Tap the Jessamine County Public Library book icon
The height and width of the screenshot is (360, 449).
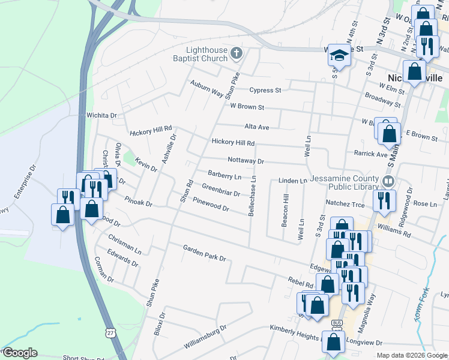389,181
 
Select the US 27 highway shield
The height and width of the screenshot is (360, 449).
109,331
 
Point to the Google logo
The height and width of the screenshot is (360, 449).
20,353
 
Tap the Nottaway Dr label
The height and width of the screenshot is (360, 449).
246,161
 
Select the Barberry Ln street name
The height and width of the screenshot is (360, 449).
224,176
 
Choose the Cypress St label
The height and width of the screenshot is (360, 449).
265,91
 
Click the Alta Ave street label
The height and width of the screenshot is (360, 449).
256,127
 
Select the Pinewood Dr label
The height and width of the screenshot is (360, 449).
211,204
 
